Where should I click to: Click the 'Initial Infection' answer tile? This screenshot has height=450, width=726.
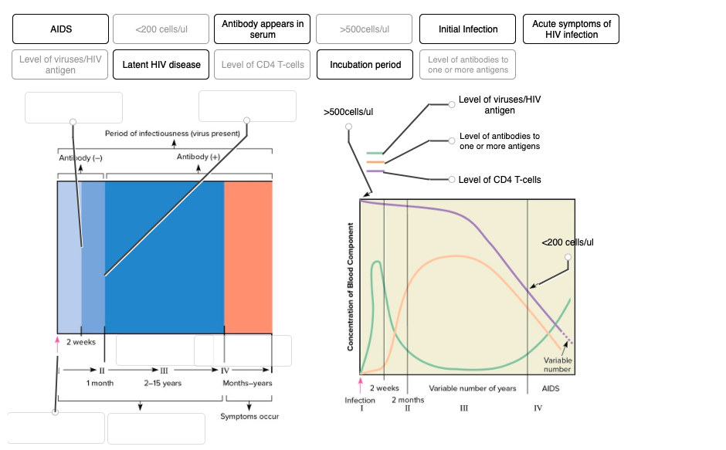tap(468, 29)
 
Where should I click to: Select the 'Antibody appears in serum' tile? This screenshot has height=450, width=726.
tap(263, 29)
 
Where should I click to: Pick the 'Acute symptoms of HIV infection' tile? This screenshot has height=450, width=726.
tap(571, 29)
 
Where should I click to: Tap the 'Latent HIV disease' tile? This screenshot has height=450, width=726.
tap(161, 65)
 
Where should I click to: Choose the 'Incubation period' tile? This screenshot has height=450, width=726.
tap(365, 65)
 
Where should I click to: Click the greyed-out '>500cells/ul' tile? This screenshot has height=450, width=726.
tap(365, 29)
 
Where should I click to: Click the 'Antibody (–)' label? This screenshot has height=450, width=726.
tap(80, 157)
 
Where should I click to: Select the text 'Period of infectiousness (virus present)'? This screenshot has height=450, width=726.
tap(172, 134)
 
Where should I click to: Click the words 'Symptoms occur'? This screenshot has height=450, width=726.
tap(249, 417)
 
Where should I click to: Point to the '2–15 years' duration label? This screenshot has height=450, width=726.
tap(163, 383)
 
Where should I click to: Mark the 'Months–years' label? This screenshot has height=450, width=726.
tap(247, 383)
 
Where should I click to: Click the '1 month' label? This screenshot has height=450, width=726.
tap(100, 383)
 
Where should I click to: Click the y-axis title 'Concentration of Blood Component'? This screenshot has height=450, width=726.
tap(351, 286)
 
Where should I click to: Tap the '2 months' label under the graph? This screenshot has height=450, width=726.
tap(407, 400)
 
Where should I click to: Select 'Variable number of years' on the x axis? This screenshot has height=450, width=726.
tap(473, 388)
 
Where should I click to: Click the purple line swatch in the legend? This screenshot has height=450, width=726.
tap(375, 171)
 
